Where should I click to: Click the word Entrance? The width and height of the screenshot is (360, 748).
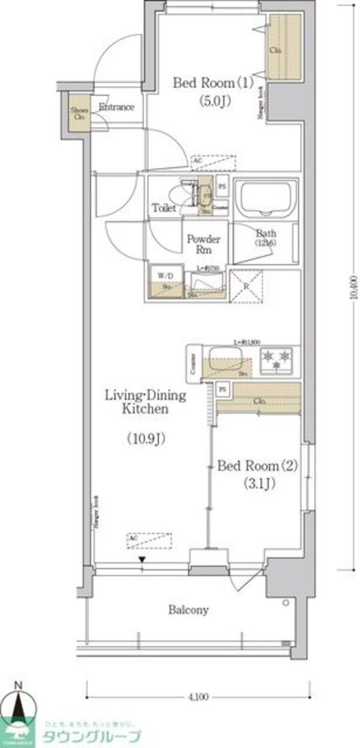pos(116,107)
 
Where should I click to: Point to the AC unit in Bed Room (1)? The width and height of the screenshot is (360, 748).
pos(213,162)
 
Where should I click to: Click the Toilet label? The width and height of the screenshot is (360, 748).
pos(164,208)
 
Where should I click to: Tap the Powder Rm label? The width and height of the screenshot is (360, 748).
pos(203,244)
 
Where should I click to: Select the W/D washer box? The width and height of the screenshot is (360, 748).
pos(163,280)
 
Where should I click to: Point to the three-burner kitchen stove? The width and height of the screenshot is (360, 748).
pos(277,360)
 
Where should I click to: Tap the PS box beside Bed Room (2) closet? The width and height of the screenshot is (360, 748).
pos(223,389)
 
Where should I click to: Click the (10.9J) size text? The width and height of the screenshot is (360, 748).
pos(146,439)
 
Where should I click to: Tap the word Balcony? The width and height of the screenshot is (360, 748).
pos(188,611)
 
